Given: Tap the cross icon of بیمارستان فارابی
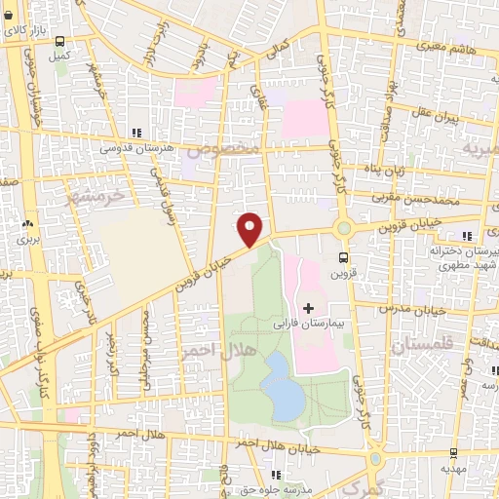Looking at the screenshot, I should point(309,309).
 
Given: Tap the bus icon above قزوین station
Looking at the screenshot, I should point(342,258).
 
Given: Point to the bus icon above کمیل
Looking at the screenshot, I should point(60,43).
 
